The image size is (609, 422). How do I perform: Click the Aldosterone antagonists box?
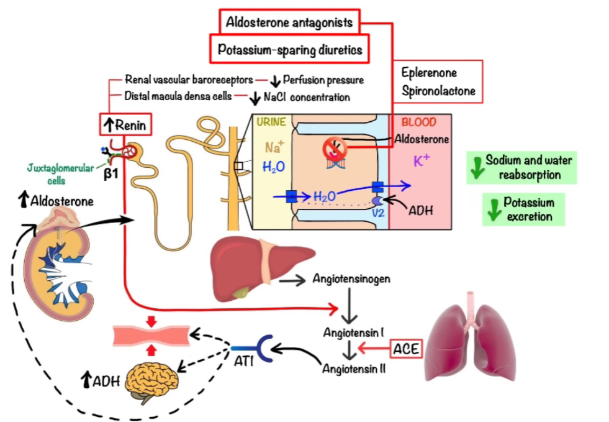pos(289,23)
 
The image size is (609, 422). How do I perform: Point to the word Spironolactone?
pos(438,91)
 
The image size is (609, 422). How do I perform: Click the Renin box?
pos(125,125)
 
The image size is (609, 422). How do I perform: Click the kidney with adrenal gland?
pos(59,267)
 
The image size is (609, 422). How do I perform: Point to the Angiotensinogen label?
pos(351,279)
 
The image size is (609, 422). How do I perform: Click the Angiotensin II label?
pos(354,369)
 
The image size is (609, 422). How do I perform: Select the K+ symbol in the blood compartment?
pos(422,162)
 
